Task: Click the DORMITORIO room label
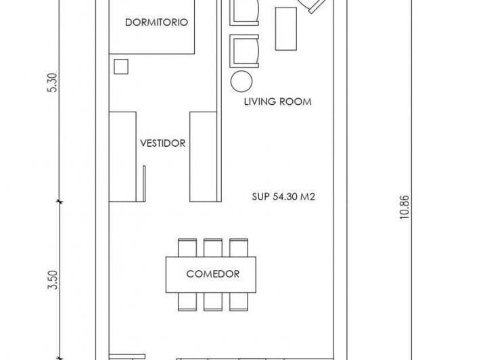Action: tap(156, 22)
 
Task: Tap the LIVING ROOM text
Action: tap(277, 102)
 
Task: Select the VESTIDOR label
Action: tap(162, 143)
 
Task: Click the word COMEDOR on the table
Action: tap(212, 274)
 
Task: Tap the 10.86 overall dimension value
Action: tap(404, 207)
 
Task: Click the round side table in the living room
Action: tap(241, 82)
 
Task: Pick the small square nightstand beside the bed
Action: tap(121, 66)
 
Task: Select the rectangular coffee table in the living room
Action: tap(285, 28)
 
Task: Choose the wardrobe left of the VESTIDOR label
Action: tap(124, 156)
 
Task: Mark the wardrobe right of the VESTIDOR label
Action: tap(203, 156)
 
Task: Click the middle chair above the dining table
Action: tap(212, 248)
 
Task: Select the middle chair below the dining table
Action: tap(212, 301)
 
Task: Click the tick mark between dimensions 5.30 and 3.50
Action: tap(60, 201)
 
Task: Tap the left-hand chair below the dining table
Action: tap(187, 301)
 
